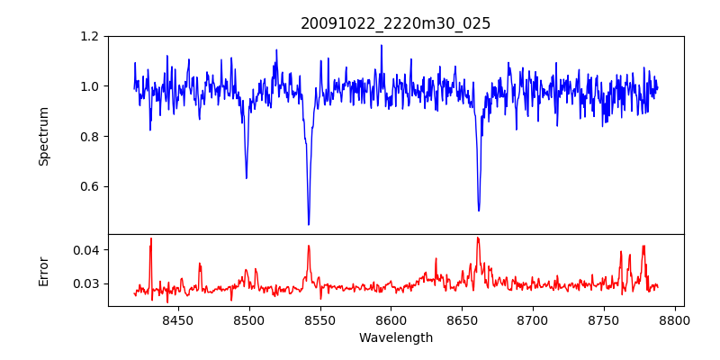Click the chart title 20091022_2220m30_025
tap(395, 23)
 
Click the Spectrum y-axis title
tap(43, 136)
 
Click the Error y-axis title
tap(43, 270)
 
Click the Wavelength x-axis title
tap(395, 338)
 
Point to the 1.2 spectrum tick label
tap(89, 37)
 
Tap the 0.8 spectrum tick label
tap(89, 137)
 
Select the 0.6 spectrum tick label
tap(89, 187)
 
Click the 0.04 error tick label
tap(85, 250)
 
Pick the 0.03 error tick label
tap(85, 284)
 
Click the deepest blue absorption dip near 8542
tap(309, 224)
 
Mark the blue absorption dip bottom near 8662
tap(479, 211)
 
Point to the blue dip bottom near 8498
tap(247, 177)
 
